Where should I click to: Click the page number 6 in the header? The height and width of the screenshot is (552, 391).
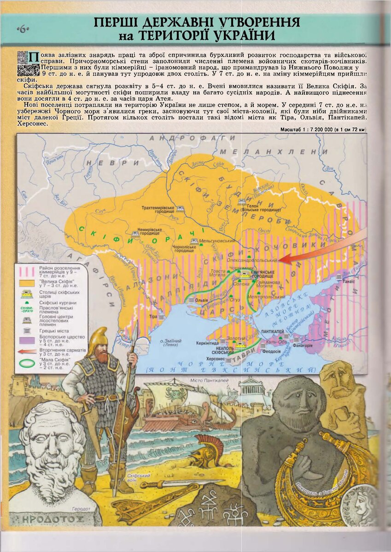pyautogui.click(x=23, y=30)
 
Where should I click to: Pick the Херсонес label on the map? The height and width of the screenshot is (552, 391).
pyautogui.click(x=216, y=358)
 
